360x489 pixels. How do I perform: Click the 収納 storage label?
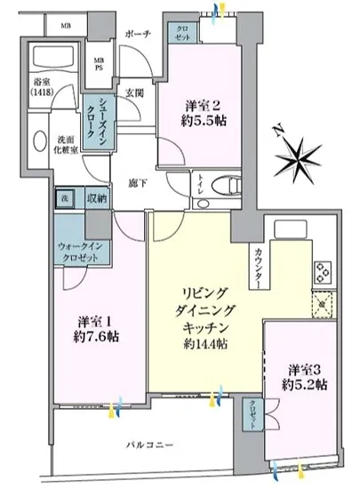[97, 198]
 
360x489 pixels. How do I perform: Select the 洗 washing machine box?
[65, 198]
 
